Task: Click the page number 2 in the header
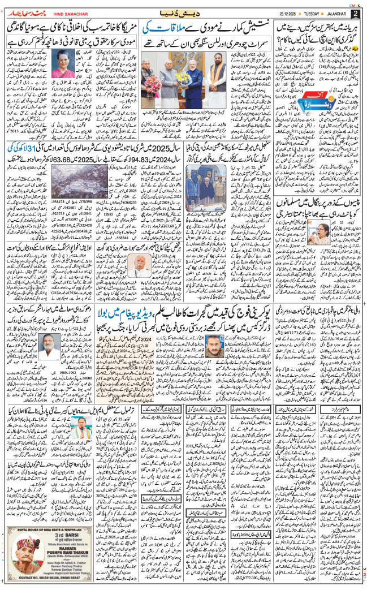pyautogui.click(x=355, y=13)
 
